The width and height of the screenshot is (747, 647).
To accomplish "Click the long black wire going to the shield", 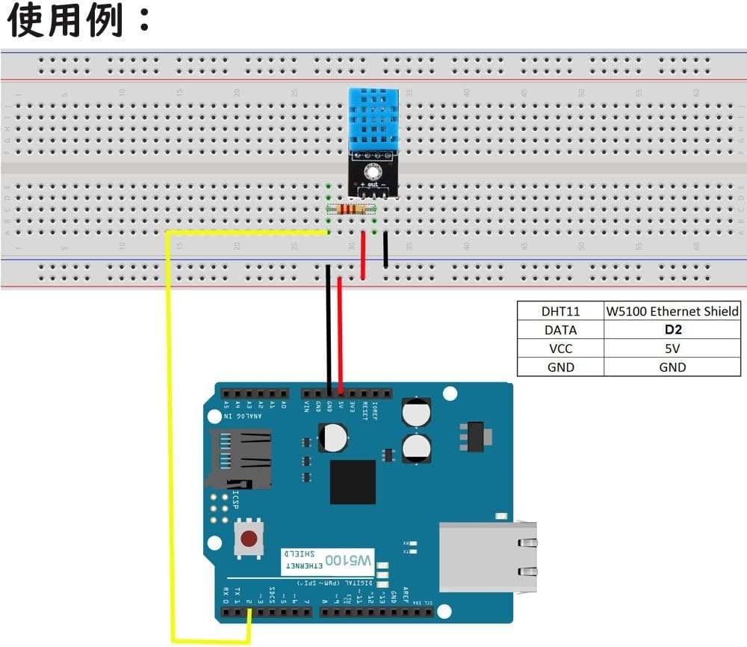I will click(x=329, y=329).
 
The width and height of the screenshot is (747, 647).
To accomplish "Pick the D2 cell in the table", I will click(x=672, y=329).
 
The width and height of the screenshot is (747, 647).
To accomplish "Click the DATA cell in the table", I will click(x=560, y=329).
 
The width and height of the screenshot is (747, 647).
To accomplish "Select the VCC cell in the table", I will click(x=560, y=348).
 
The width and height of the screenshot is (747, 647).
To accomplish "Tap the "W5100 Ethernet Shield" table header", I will click(x=672, y=311).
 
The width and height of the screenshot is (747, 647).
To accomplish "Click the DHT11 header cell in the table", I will click(x=560, y=311).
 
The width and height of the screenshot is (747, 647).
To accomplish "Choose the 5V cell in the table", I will click(x=672, y=348).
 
